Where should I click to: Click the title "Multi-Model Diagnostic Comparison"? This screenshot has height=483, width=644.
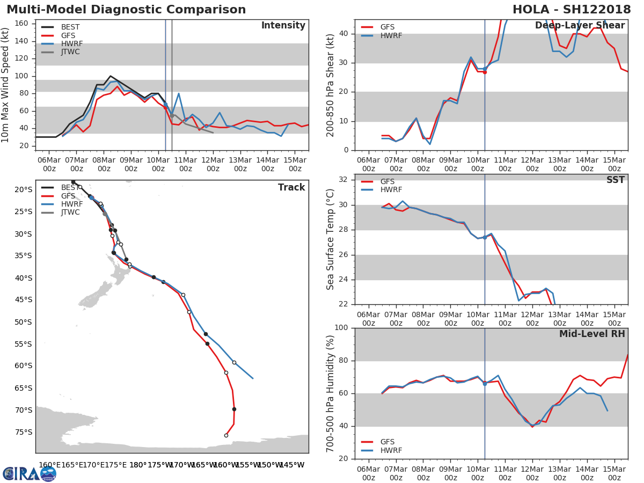(126, 10)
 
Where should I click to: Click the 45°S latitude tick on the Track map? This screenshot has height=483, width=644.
(23, 299)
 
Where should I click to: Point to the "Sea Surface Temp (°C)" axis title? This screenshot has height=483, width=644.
(331, 239)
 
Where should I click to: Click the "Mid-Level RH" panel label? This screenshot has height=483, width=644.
(592, 334)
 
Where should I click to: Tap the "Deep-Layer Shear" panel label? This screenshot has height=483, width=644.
(580, 26)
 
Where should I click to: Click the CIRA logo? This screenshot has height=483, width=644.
(30, 473)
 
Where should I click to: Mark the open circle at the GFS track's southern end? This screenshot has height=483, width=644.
(226, 435)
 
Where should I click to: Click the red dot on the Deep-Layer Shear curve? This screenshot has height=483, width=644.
(485, 72)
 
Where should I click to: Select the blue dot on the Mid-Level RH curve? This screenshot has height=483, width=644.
(485, 383)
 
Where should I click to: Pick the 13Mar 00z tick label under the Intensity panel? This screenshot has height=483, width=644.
(240, 164)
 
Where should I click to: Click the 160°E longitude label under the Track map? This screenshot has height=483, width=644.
(49, 465)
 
